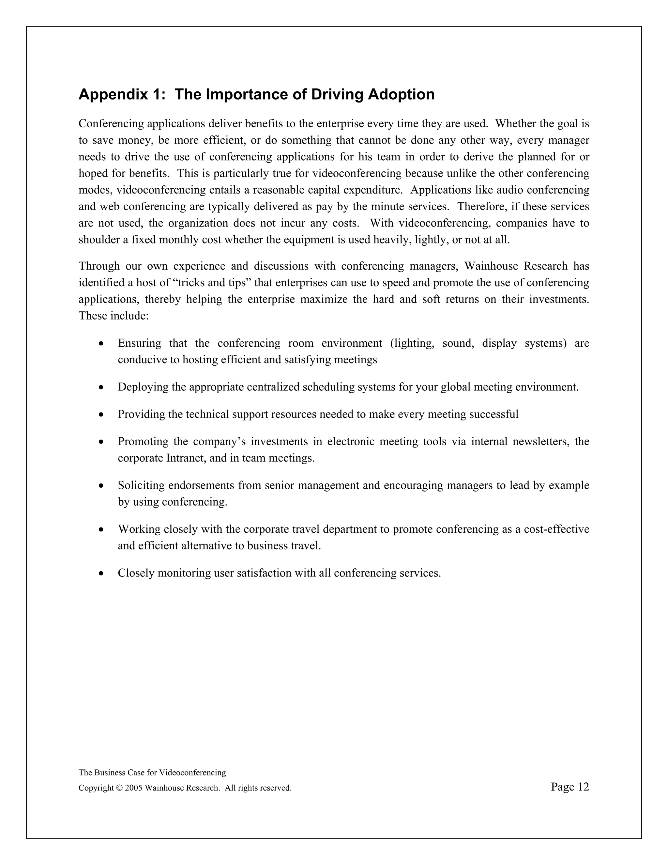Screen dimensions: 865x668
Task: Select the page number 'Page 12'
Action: click(569, 787)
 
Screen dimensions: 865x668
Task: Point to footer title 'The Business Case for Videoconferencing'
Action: click(152, 773)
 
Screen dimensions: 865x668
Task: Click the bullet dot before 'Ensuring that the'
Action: click(102, 344)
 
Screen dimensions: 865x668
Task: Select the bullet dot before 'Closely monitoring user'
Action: click(102, 574)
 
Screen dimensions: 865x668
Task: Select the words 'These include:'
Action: click(114, 316)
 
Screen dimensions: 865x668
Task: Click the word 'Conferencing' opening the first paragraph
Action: click(111, 124)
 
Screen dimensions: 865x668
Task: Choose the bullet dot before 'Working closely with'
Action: click(102, 529)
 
